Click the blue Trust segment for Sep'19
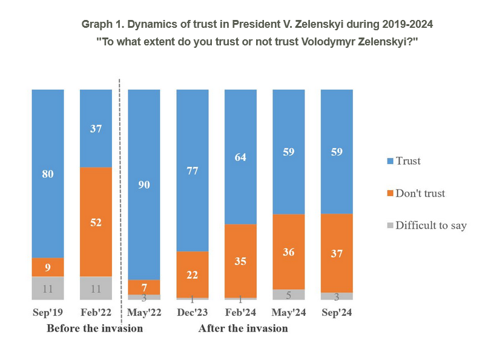[48, 174]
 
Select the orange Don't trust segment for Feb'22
[96, 222]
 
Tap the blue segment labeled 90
[144, 185]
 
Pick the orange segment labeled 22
[193, 275]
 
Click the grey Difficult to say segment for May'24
[289, 295]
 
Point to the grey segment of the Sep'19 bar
[48, 289]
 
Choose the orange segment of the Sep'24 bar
[337, 254]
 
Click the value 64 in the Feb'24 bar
[240, 157]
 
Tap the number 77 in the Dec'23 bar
[193, 171]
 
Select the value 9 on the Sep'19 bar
[48, 267]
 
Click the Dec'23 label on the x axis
[193, 312]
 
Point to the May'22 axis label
[144, 312]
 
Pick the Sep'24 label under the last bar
[337, 312]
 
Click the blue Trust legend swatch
[390, 161]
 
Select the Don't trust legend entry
[416, 193]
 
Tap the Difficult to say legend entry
[427, 226]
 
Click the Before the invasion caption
[95, 329]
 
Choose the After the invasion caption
[243, 329]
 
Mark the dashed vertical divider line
[120, 202]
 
